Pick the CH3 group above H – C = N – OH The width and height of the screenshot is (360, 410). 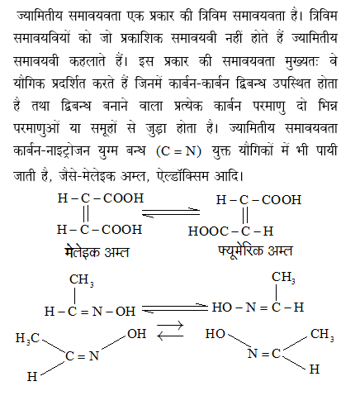[x=81, y=281]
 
